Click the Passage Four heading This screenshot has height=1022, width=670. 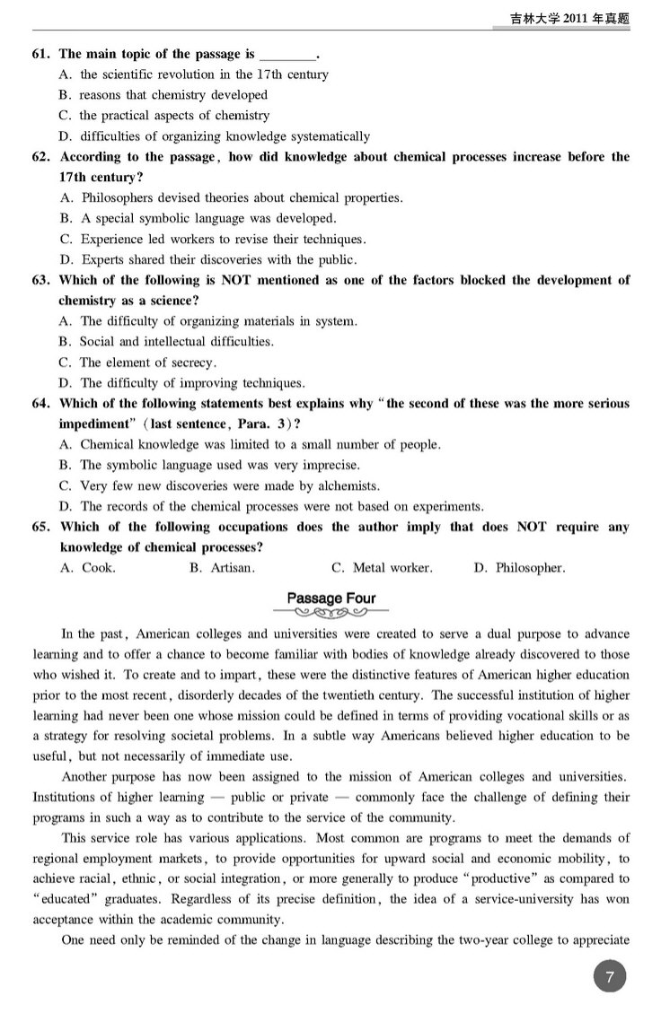pyautogui.click(x=331, y=598)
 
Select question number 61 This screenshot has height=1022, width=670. pyautogui.click(x=41, y=54)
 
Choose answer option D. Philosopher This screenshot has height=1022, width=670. pyautogui.click(x=519, y=568)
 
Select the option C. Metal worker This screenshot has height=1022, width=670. pyautogui.click(x=382, y=568)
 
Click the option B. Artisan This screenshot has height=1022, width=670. pyautogui.click(x=222, y=568)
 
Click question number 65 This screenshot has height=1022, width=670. pyautogui.click(x=41, y=527)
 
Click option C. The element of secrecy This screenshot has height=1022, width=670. pyautogui.click(x=137, y=363)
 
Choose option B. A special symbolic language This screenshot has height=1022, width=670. pyautogui.click(x=198, y=218)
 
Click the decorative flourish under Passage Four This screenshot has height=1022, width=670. pyautogui.click(x=331, y=615)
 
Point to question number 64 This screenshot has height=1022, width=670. pyautogui.click(x=41, y=404)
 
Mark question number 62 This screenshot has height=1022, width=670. pyautogui.click(x=41, y=157)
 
